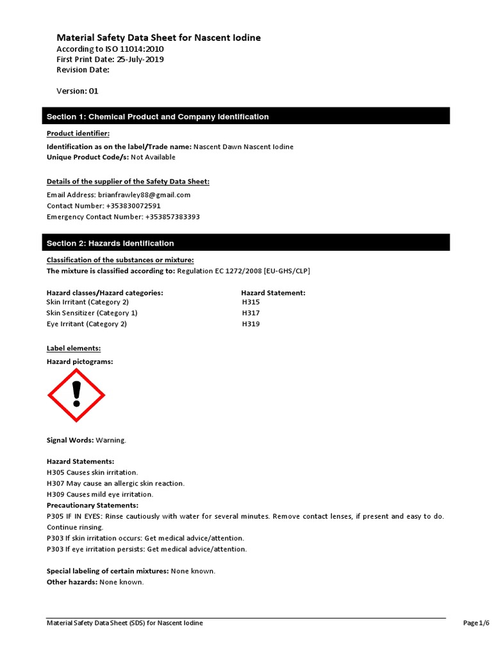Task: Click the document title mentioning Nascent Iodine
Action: click(158, 38)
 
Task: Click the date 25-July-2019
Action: click(140, 59)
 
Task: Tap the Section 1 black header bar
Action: click(246, 116)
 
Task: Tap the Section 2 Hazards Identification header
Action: click(246, 243)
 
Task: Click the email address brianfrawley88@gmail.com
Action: click(144, 194)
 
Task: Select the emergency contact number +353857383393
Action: click(172, 217)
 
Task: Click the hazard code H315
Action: click(250, 302)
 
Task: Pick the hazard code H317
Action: click(250, 313)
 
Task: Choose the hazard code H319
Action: click(250, 324)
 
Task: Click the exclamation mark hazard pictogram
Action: click(76, 395)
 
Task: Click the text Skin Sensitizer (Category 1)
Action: click(92, 313)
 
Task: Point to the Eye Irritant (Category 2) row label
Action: click(87, 324)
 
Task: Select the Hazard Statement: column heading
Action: click(273, 292)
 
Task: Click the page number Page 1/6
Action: click(476, 623)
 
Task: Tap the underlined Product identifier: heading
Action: click(78, 133)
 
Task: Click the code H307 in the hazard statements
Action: click(56, 483)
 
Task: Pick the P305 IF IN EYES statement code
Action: click(56, 516)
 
